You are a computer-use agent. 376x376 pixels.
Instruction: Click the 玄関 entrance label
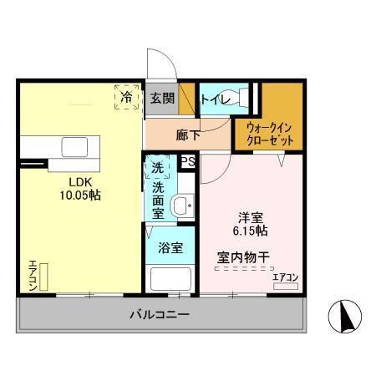coord(163,98)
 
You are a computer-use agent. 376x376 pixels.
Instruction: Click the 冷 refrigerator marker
coord(126,97)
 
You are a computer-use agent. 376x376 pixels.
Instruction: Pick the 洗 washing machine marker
coord(157,167)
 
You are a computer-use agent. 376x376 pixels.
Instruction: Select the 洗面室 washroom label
coord(157,201)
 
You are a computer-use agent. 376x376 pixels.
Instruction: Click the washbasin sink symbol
coord(180,206)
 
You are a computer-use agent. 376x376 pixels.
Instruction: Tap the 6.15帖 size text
coord(250,230)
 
